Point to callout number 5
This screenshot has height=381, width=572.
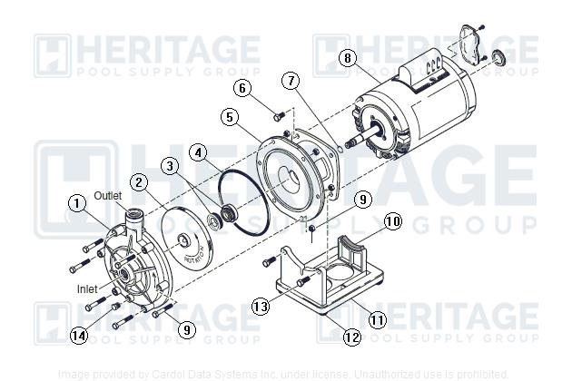231,116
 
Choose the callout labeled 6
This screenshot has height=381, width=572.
242,88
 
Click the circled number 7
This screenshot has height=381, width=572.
290,82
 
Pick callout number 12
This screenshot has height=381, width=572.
353,337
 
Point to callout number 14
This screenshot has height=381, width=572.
79,336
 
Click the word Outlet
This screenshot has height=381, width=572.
108,195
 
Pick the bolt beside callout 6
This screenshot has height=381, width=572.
280,114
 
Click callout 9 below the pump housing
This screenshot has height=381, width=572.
185,330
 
